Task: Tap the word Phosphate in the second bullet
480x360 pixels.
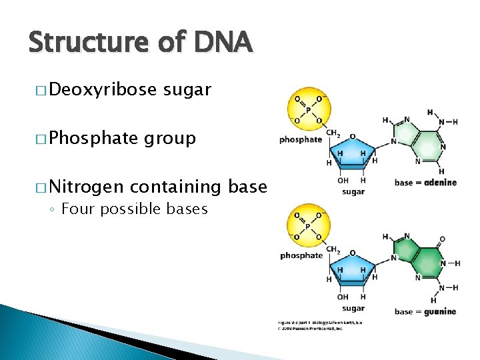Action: click(x=94, y=138)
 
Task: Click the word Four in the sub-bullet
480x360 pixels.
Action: click(x=75, y=209)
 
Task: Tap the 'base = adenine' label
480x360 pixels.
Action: click(x=425, y=183)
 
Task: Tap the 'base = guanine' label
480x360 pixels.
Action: click(x=425, y=311)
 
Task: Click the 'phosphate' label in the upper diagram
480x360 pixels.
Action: click(x=301, y=140)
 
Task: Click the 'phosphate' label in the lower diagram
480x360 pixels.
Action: click(x=301, y=255)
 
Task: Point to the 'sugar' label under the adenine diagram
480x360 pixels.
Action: click(x=353, y=192)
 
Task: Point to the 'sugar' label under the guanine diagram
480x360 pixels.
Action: click(x=353, y=308)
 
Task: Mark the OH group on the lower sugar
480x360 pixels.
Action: click(x=343, y=297)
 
